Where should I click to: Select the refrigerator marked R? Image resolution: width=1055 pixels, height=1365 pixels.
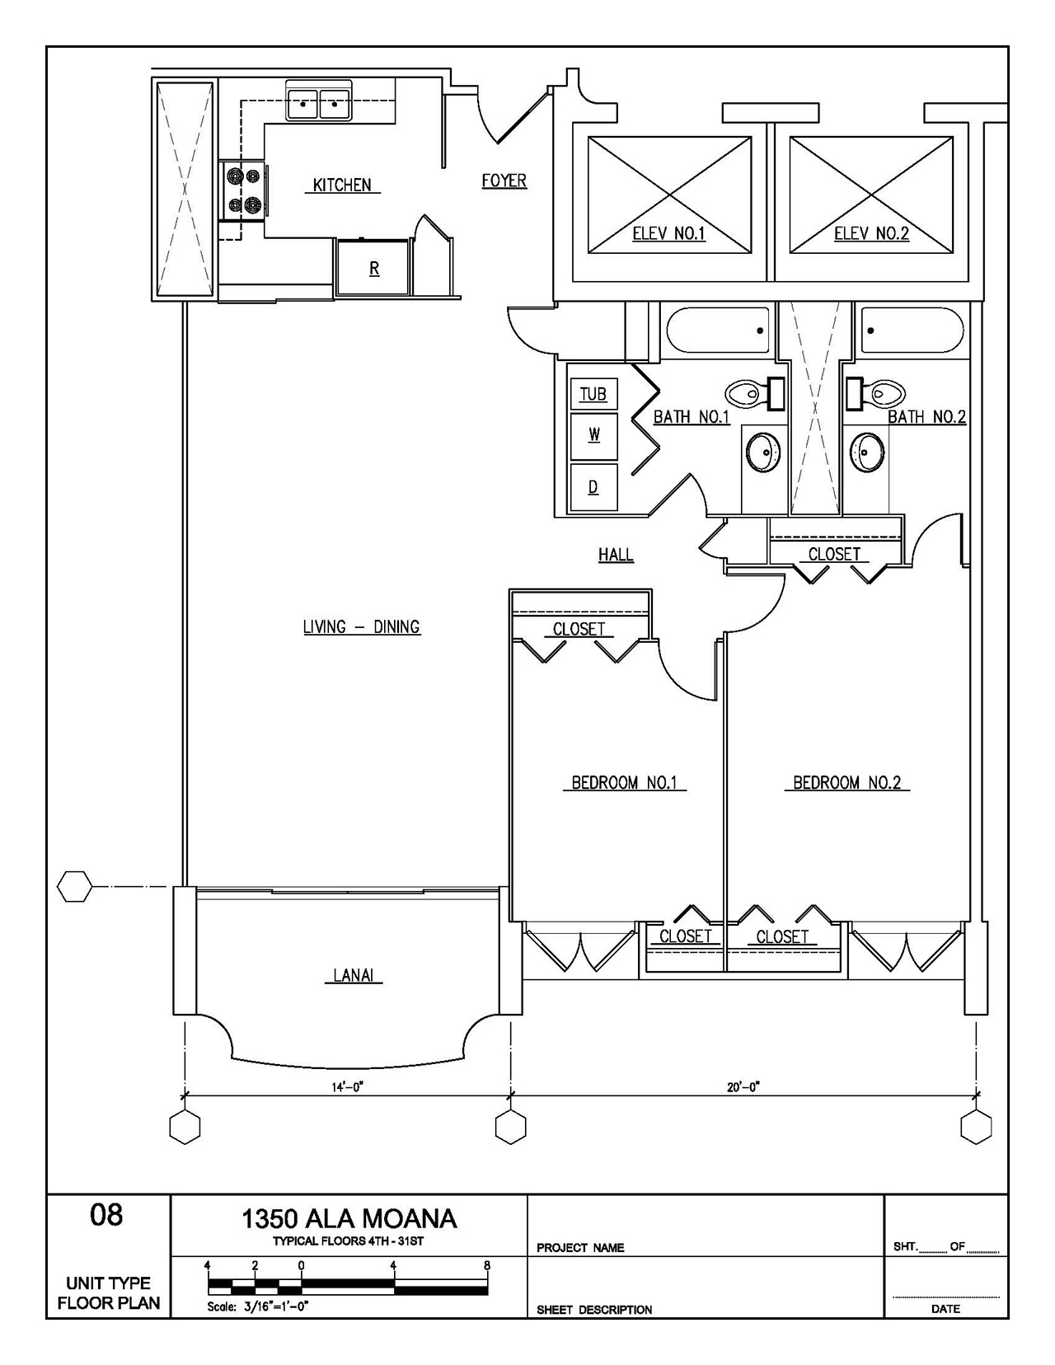373,268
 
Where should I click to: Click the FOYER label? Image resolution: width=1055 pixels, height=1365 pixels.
504,181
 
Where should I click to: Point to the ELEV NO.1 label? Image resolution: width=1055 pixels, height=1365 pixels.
668,233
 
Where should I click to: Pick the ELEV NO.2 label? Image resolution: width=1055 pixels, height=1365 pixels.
871,233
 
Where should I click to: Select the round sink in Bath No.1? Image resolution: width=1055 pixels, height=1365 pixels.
763,452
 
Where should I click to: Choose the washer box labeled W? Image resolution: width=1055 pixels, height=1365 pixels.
593,434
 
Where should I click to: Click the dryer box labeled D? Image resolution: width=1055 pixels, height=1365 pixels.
593,487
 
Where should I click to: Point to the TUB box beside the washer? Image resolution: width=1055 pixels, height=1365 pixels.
593,394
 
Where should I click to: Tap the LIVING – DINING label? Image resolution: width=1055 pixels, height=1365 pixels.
362,627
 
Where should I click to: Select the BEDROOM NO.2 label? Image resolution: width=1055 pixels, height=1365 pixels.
846,782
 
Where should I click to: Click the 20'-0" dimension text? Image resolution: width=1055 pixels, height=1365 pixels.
743,1086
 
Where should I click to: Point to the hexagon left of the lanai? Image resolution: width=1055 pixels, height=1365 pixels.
74,887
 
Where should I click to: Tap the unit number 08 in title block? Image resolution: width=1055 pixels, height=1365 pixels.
106,1215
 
